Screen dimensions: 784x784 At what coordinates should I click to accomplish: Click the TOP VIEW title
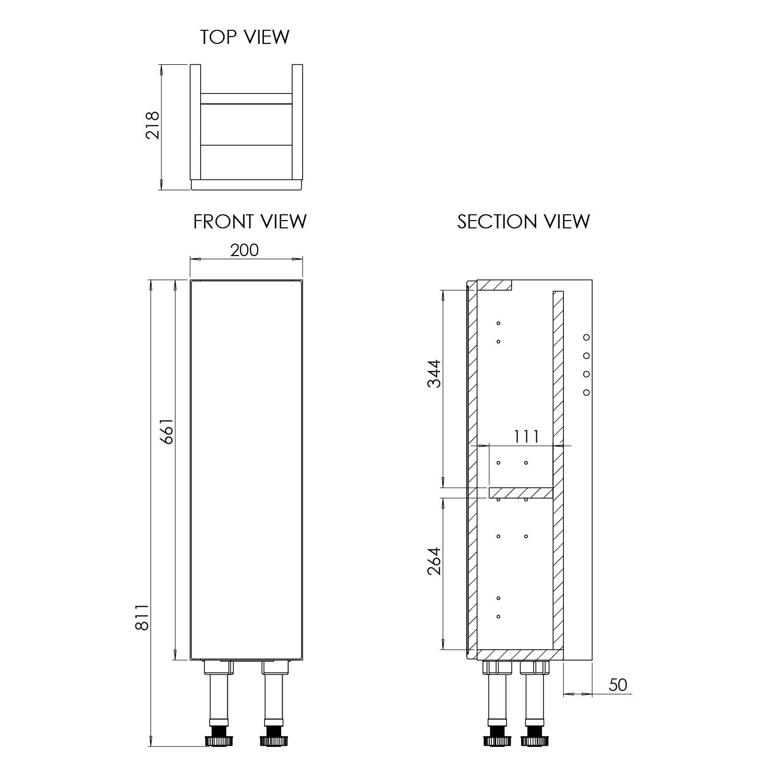pyautogui.click(x=245, y=37)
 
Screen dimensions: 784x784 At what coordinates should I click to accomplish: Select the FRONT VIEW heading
pyautogui.click(x=250, y=222)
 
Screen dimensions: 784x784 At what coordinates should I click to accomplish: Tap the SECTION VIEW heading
pyautogui.click(x=524, y=222)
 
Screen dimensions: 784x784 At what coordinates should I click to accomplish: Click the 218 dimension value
pyautogui.click(x=153, y=125)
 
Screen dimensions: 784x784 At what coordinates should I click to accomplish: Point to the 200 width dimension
pyautogui.click(x=245, y=250)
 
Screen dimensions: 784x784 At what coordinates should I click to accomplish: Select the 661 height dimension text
pyautogui.click(x=166, y=431)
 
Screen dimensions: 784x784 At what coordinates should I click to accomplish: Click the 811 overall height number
pyautogui.click(x=142, y=617)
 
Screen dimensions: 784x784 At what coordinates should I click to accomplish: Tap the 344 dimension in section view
pyautogui.click(x=434, y=373)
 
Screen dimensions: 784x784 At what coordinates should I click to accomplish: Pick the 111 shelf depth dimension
pyautogui.click(x=526, y=436)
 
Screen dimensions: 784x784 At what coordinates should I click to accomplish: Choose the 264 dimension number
pyautogui.click(x=434, y=561)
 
